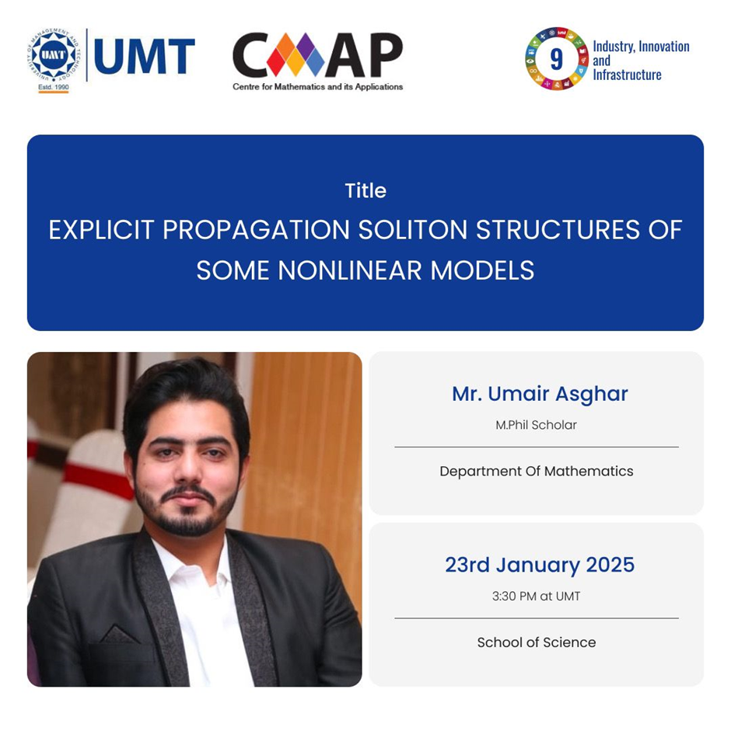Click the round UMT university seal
53,55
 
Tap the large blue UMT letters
144,57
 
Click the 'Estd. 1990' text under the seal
53,87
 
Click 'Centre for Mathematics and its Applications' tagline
317,87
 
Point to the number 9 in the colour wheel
556,59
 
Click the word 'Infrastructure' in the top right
627,75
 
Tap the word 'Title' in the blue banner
365,190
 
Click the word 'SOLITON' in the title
413,230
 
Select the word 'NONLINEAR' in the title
350,270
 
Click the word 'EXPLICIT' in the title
101,230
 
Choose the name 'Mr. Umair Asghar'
540,394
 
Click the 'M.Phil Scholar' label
536,425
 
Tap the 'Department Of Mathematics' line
537,472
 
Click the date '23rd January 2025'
540,565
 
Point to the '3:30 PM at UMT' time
536,597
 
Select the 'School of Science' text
537,642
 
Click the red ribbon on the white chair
98,480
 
